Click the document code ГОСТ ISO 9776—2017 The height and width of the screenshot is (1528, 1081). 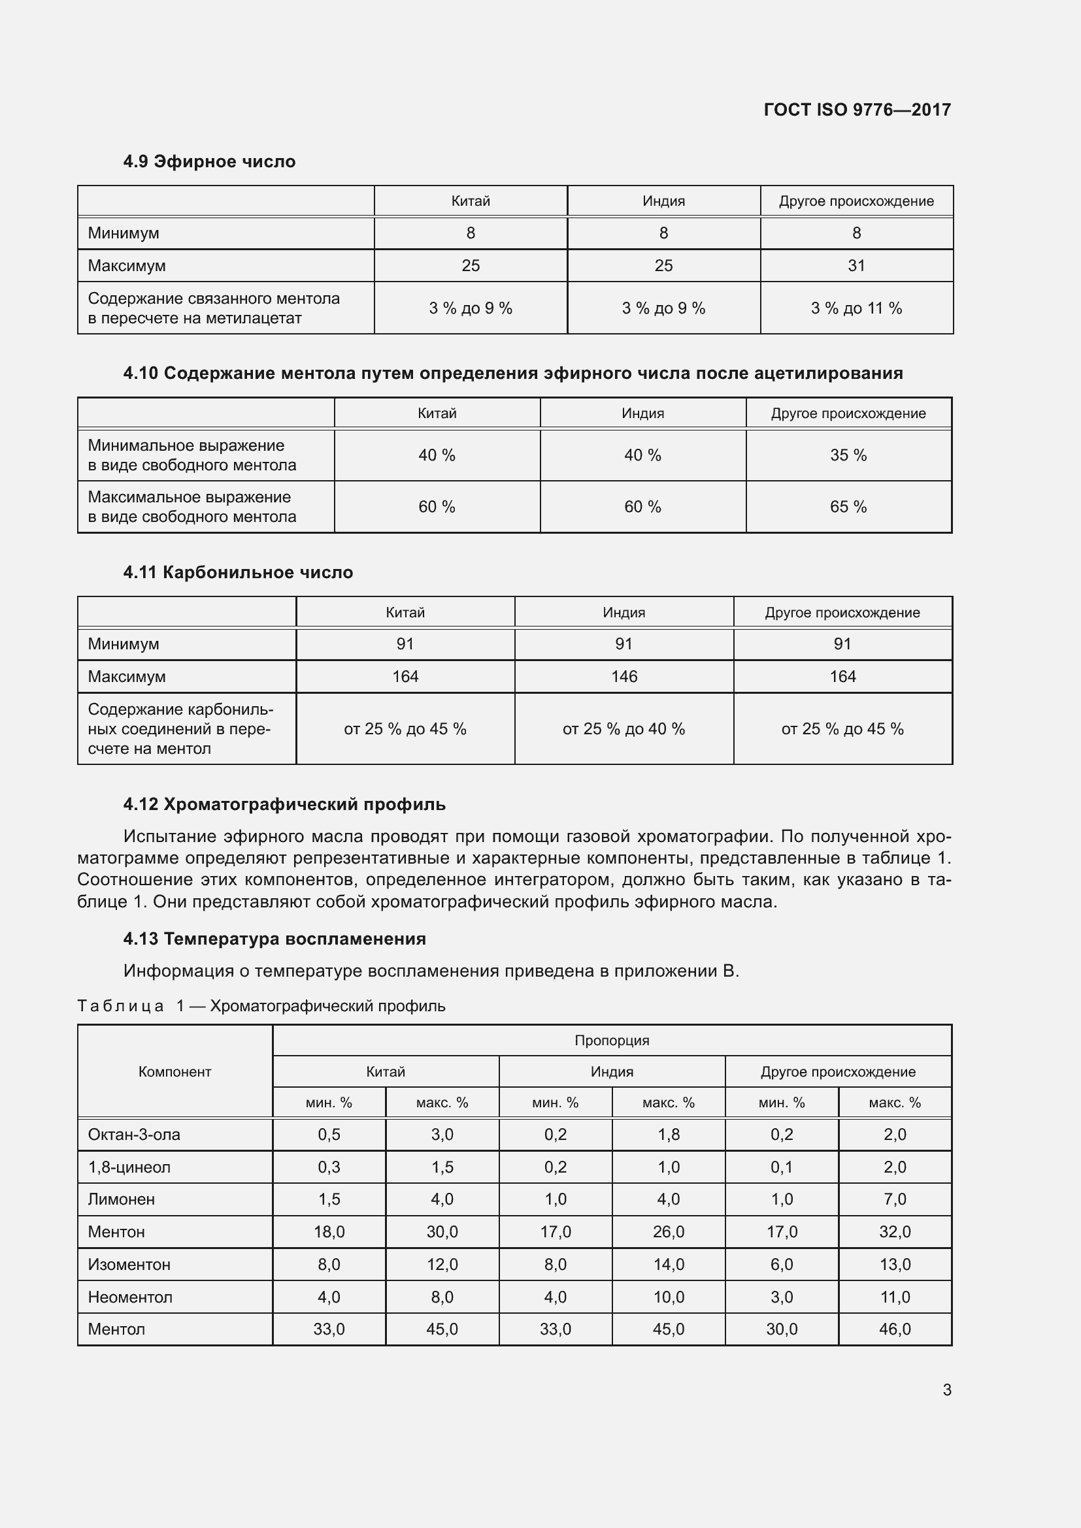(x=857, y=110)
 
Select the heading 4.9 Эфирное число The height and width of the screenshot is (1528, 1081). (x=209, y=162)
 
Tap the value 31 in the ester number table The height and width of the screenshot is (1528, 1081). (x=856, y=265)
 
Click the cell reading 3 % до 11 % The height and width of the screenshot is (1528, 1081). (x=856, y=308)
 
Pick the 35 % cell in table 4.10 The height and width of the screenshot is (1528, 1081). (x=848, y=455)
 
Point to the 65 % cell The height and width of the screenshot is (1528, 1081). (x=848, y=507)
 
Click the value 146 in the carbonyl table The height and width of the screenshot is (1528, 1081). (x=624, y=677)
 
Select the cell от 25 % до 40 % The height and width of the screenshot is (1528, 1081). (x=624, y=730)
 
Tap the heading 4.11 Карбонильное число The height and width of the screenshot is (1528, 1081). (x=238, y=572)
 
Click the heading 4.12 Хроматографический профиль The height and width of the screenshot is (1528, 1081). (x=284, y=805)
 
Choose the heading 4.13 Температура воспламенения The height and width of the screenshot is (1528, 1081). (x=274, y=939)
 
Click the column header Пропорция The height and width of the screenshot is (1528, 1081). (x=612, y=1040)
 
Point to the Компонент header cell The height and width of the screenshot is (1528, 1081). (x=175, y=1071)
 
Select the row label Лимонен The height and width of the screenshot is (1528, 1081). (x=121, y=1199)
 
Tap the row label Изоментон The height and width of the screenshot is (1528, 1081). (x=129, y=1265)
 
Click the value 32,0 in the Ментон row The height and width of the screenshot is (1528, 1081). (x=895, y=1232)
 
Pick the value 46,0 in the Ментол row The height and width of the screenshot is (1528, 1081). (x=895, y=1329)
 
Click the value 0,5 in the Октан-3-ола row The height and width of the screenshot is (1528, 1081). (x=329, y=1135)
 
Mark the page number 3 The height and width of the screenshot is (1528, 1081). (x=946, y=1390)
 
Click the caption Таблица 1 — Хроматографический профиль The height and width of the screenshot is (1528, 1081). (x=261, y=1005)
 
